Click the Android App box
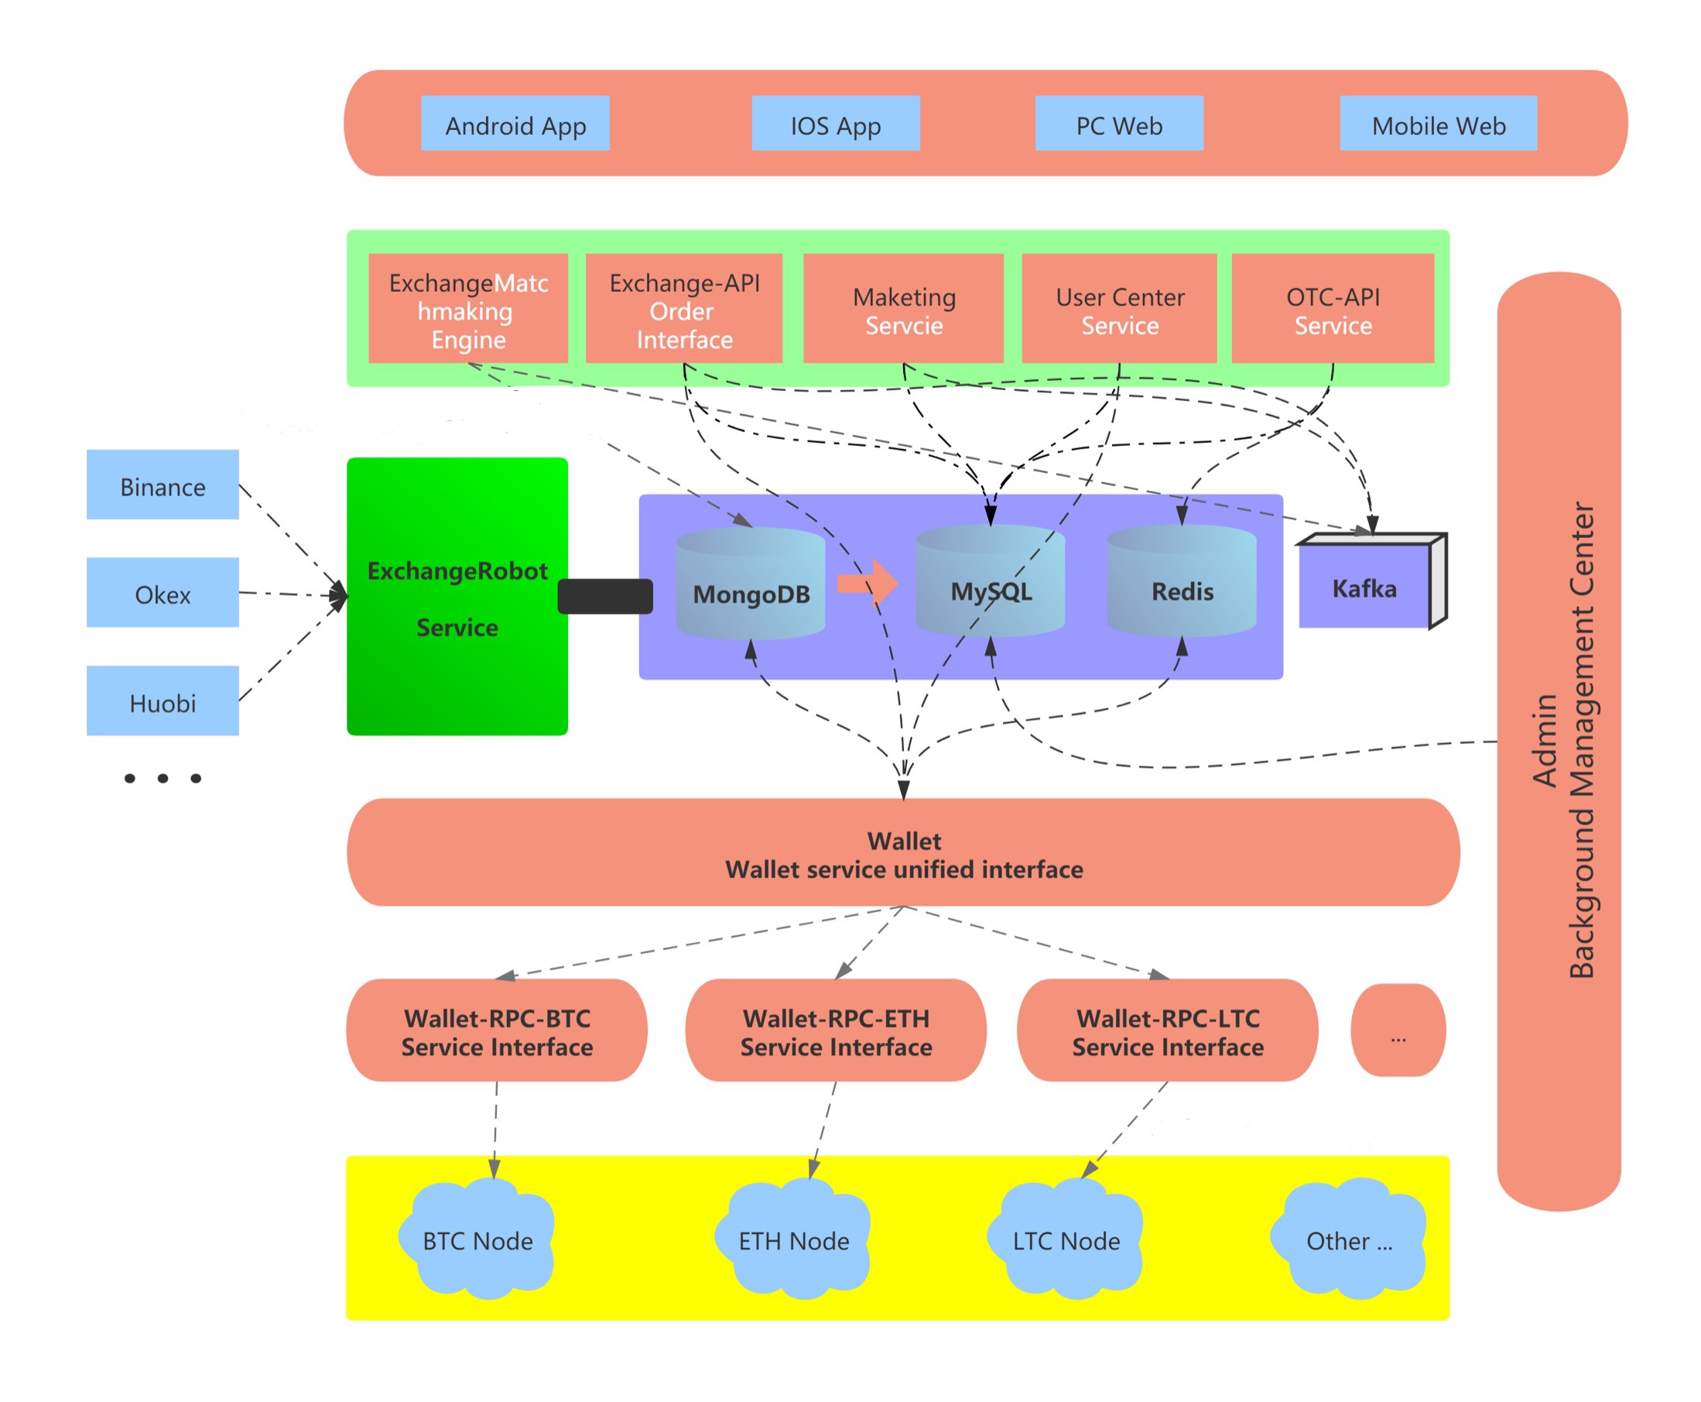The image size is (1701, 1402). pyautogui.click(x=515, y=123)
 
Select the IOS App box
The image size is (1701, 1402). pyautogui.click(x=835, y=123)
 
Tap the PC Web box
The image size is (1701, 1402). pyautogui.click(x=1118, y=123)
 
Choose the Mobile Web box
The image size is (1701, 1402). pyautogui.click(x=1437, y=123)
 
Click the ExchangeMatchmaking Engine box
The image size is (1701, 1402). pyautogui.click(x=467, y=307)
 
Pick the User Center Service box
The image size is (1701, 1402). pyautogui.click(x=1118, y=307)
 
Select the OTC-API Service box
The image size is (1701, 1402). pyautogui.click(x=1332, y=307)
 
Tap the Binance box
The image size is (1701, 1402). pyautogui.click(x=163, y=484)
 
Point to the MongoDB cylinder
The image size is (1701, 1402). pyautogui.click(x=750, y=583)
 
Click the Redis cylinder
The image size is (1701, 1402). pyautogui.click(x=1181, y=580)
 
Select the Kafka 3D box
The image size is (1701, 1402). pyautogui.click(x=1371, y=581)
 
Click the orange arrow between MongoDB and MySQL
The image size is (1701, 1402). pyautogui.click(x=867, y=581)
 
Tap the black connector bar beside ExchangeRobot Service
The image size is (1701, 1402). pyautogui.click(x=604, y=596)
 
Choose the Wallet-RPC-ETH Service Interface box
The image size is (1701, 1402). pyautogui.click(x=835, y=1030)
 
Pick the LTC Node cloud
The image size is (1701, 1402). pyautogui.click(x=1066, y=1237)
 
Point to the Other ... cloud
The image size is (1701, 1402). pyautogui.click(x=1347, y=1237)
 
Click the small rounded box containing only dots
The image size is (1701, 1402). pyautogui.click(x=1398, y=1030)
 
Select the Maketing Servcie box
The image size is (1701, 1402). pyautogui.click(x=902, y=307)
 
